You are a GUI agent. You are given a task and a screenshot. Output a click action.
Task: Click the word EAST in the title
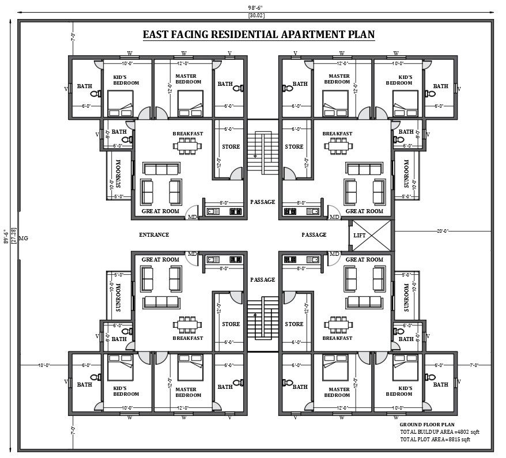point(157,34)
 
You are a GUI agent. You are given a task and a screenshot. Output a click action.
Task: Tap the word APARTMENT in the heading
point(308,34)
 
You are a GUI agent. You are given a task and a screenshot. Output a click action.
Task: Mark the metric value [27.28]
point(13,237)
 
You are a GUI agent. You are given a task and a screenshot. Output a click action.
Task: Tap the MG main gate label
point(24,238)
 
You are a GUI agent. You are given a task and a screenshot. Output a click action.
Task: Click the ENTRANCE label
point(154,234)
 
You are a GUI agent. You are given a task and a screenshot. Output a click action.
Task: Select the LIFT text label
point(360,235)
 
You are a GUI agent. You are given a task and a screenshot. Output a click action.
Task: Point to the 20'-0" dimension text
point(442,230)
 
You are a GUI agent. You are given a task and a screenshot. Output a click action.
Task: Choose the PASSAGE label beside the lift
point(314,234)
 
